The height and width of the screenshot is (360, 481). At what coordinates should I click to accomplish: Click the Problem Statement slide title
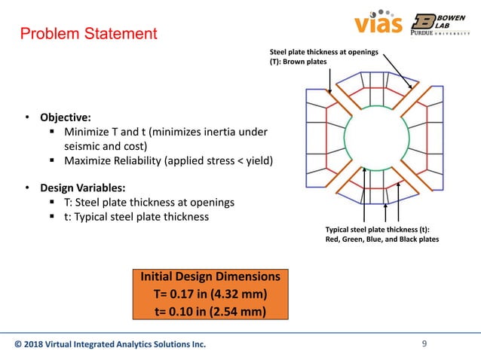click(88, 34)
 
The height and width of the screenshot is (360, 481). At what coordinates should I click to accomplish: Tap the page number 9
click(424, 345)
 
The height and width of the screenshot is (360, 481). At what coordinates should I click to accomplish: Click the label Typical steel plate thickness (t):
click(381, 229)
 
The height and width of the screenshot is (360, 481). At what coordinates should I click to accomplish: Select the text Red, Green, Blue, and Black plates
click(381, 239)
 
